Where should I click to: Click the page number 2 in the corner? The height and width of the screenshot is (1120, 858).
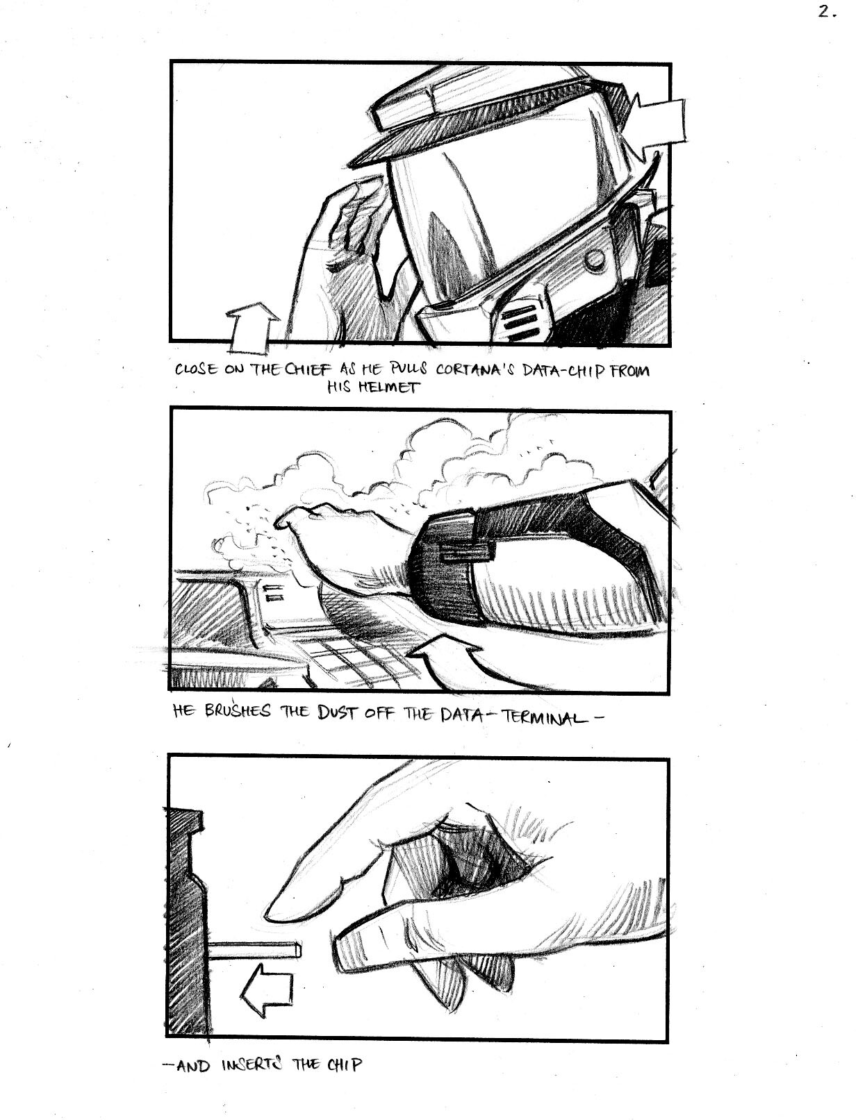click(827, 12)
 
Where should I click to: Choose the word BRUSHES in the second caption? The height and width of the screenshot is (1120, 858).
click(238, 712)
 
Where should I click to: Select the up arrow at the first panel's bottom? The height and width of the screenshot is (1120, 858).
click(253, 329)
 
